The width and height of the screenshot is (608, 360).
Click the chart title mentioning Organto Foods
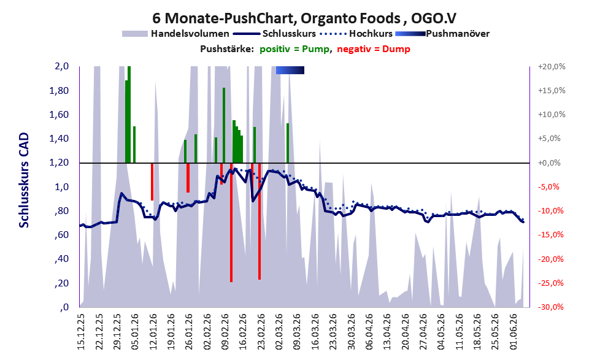304,18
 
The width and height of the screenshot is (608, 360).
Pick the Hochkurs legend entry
356,34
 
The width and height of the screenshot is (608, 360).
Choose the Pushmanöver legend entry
442,34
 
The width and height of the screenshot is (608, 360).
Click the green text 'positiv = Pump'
294,49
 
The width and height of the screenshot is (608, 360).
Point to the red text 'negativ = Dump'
374,49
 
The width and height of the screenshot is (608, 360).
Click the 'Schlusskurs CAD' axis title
24,180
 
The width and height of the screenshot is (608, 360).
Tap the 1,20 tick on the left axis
59,163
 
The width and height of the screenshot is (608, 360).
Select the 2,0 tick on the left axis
61,66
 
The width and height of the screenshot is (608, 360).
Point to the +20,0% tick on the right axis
552,67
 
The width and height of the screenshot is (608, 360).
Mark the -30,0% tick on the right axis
550,307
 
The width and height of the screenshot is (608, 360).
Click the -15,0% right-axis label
550,235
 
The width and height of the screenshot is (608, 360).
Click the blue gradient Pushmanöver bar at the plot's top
290,70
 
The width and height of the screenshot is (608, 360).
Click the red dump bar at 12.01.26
152,182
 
